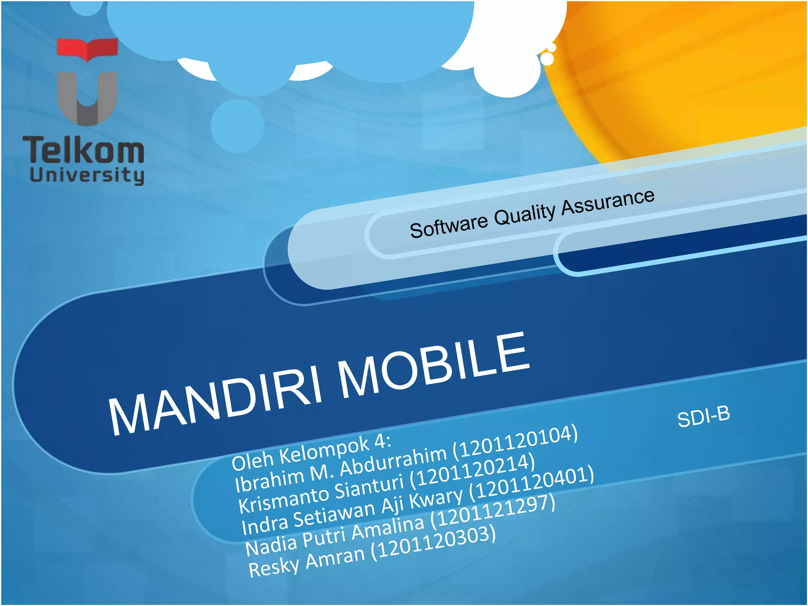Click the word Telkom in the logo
pos(83,150)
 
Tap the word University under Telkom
pos(87,175)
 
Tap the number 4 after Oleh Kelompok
pos(380,442)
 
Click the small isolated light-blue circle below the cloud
pos(237,126)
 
